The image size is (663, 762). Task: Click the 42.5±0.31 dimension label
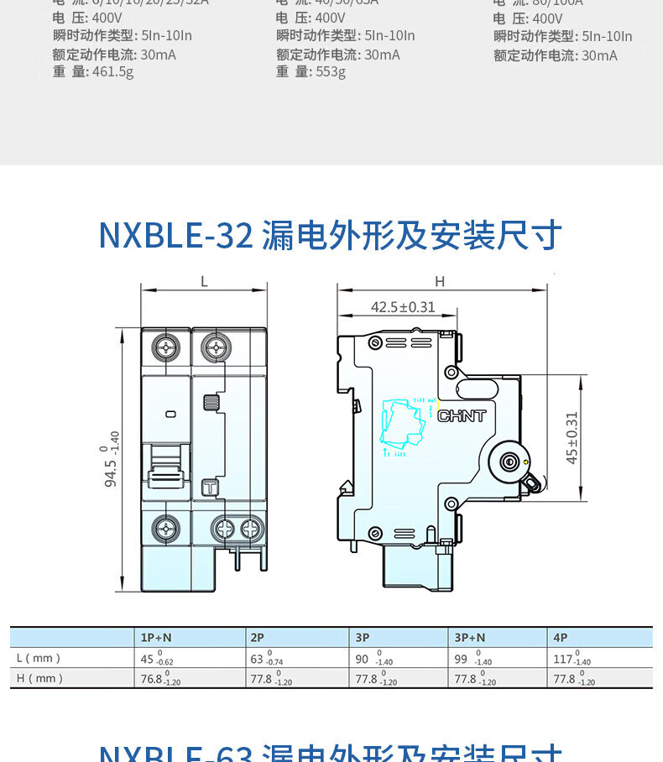click(403, 307)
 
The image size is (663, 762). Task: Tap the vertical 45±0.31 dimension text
click(572, 437)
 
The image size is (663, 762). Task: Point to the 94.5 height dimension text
click(111, 459)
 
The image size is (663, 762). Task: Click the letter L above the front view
click(204, 282)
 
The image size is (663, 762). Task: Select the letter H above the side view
click(440, 282)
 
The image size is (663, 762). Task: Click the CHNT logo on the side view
click(462, 415)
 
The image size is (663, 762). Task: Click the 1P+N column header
click(156, 638)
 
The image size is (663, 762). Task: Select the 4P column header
click(561, 638)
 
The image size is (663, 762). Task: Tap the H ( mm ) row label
click(39, 679)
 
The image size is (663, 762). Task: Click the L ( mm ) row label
click(39, 659)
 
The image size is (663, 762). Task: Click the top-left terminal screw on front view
click(166, 347)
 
